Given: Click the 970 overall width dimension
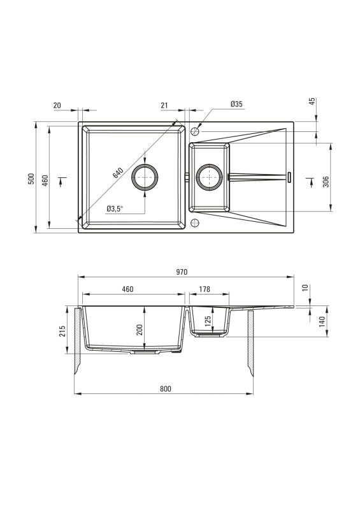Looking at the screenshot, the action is [x=182, y=272].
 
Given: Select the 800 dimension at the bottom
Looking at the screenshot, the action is [x=166, y=389].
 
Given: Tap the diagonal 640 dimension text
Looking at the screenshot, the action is [x=118, y=173].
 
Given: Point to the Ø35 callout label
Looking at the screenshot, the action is [x=236, y=104].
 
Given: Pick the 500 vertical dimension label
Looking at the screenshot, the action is [x=31, y=178].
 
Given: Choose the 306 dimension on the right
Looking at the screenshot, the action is [x=326, y=182].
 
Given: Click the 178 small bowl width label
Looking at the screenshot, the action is [x=205, y=289].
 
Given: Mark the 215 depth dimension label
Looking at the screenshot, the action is [x=63, y=331].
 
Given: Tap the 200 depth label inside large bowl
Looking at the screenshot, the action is [x=139, y=330].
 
